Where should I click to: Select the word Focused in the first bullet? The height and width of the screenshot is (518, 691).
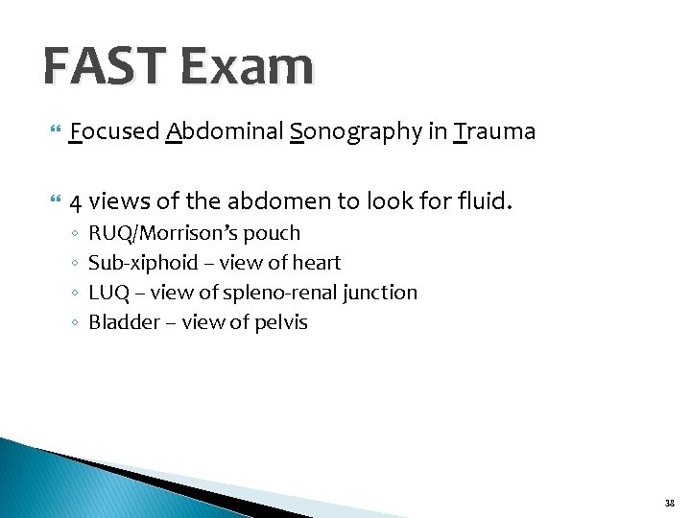click(x=114, y=131)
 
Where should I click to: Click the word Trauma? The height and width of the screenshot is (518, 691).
click(x=495, y=131)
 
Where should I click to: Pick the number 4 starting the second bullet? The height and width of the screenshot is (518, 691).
click(x=76, y=202)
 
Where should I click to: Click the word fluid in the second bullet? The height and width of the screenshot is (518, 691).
click(x=485, y=202)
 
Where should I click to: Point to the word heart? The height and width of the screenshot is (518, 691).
click(x=318, y=263)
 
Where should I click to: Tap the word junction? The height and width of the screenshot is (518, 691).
click(x=382, y=293)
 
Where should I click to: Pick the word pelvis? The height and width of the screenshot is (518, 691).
click(x=280, y=322)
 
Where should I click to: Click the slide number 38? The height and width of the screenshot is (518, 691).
click(x=669, y=502)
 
